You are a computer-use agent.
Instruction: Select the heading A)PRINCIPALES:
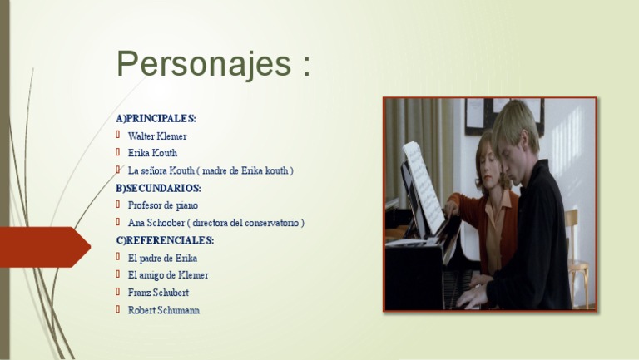(156, 118)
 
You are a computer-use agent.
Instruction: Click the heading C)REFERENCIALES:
(165, 240)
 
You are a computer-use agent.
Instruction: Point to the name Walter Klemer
(157, 136)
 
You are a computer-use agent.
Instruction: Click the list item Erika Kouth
(152, 153)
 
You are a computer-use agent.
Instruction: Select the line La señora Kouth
(211, 170)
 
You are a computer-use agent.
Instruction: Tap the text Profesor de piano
(163, 205)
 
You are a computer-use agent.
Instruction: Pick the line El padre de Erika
(162, 258)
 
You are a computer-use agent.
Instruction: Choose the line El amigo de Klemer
(168, 275)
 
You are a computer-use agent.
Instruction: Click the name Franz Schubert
(158, 293)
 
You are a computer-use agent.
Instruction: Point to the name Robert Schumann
(164, 310)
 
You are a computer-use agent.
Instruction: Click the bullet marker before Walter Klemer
(119, 135)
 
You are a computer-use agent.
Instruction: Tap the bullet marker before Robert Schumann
(119, 309)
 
